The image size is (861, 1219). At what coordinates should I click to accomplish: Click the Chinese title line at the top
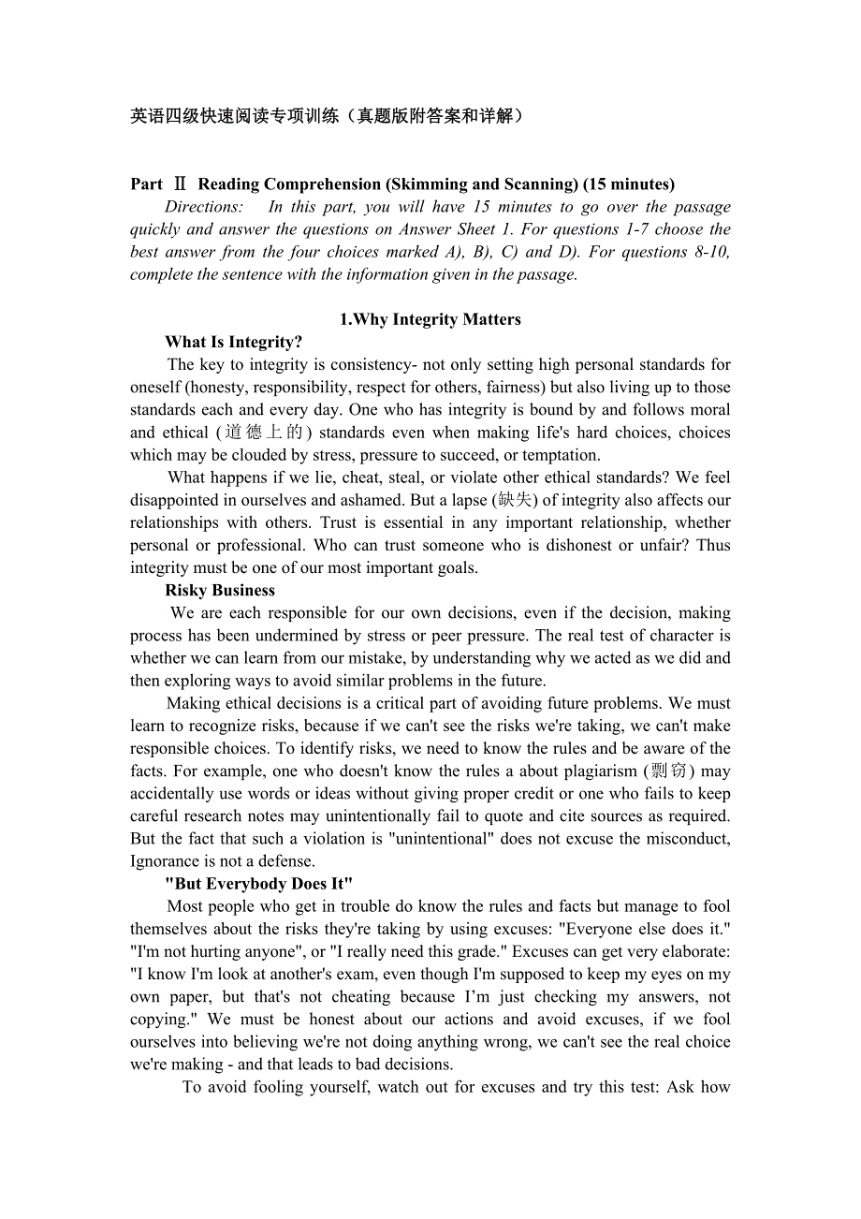click(327, 116)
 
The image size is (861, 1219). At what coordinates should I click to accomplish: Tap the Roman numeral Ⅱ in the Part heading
click(181, 184)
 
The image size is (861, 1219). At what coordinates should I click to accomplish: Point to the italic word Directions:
click(204, 207)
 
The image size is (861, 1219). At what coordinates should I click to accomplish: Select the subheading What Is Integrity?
click(233, 342)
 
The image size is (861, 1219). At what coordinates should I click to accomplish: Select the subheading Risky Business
click(220, 590)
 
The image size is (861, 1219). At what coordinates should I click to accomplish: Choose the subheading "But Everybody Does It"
click(258, 884)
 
